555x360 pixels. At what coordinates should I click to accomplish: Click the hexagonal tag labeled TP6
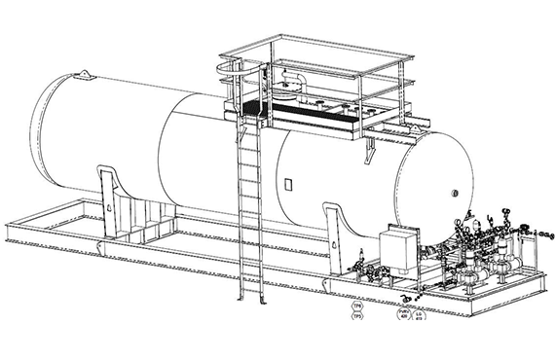[x=357, y=306]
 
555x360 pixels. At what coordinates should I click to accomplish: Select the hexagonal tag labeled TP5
[x=357, y=316]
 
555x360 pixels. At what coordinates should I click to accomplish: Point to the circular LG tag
[x=420, y=313]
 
